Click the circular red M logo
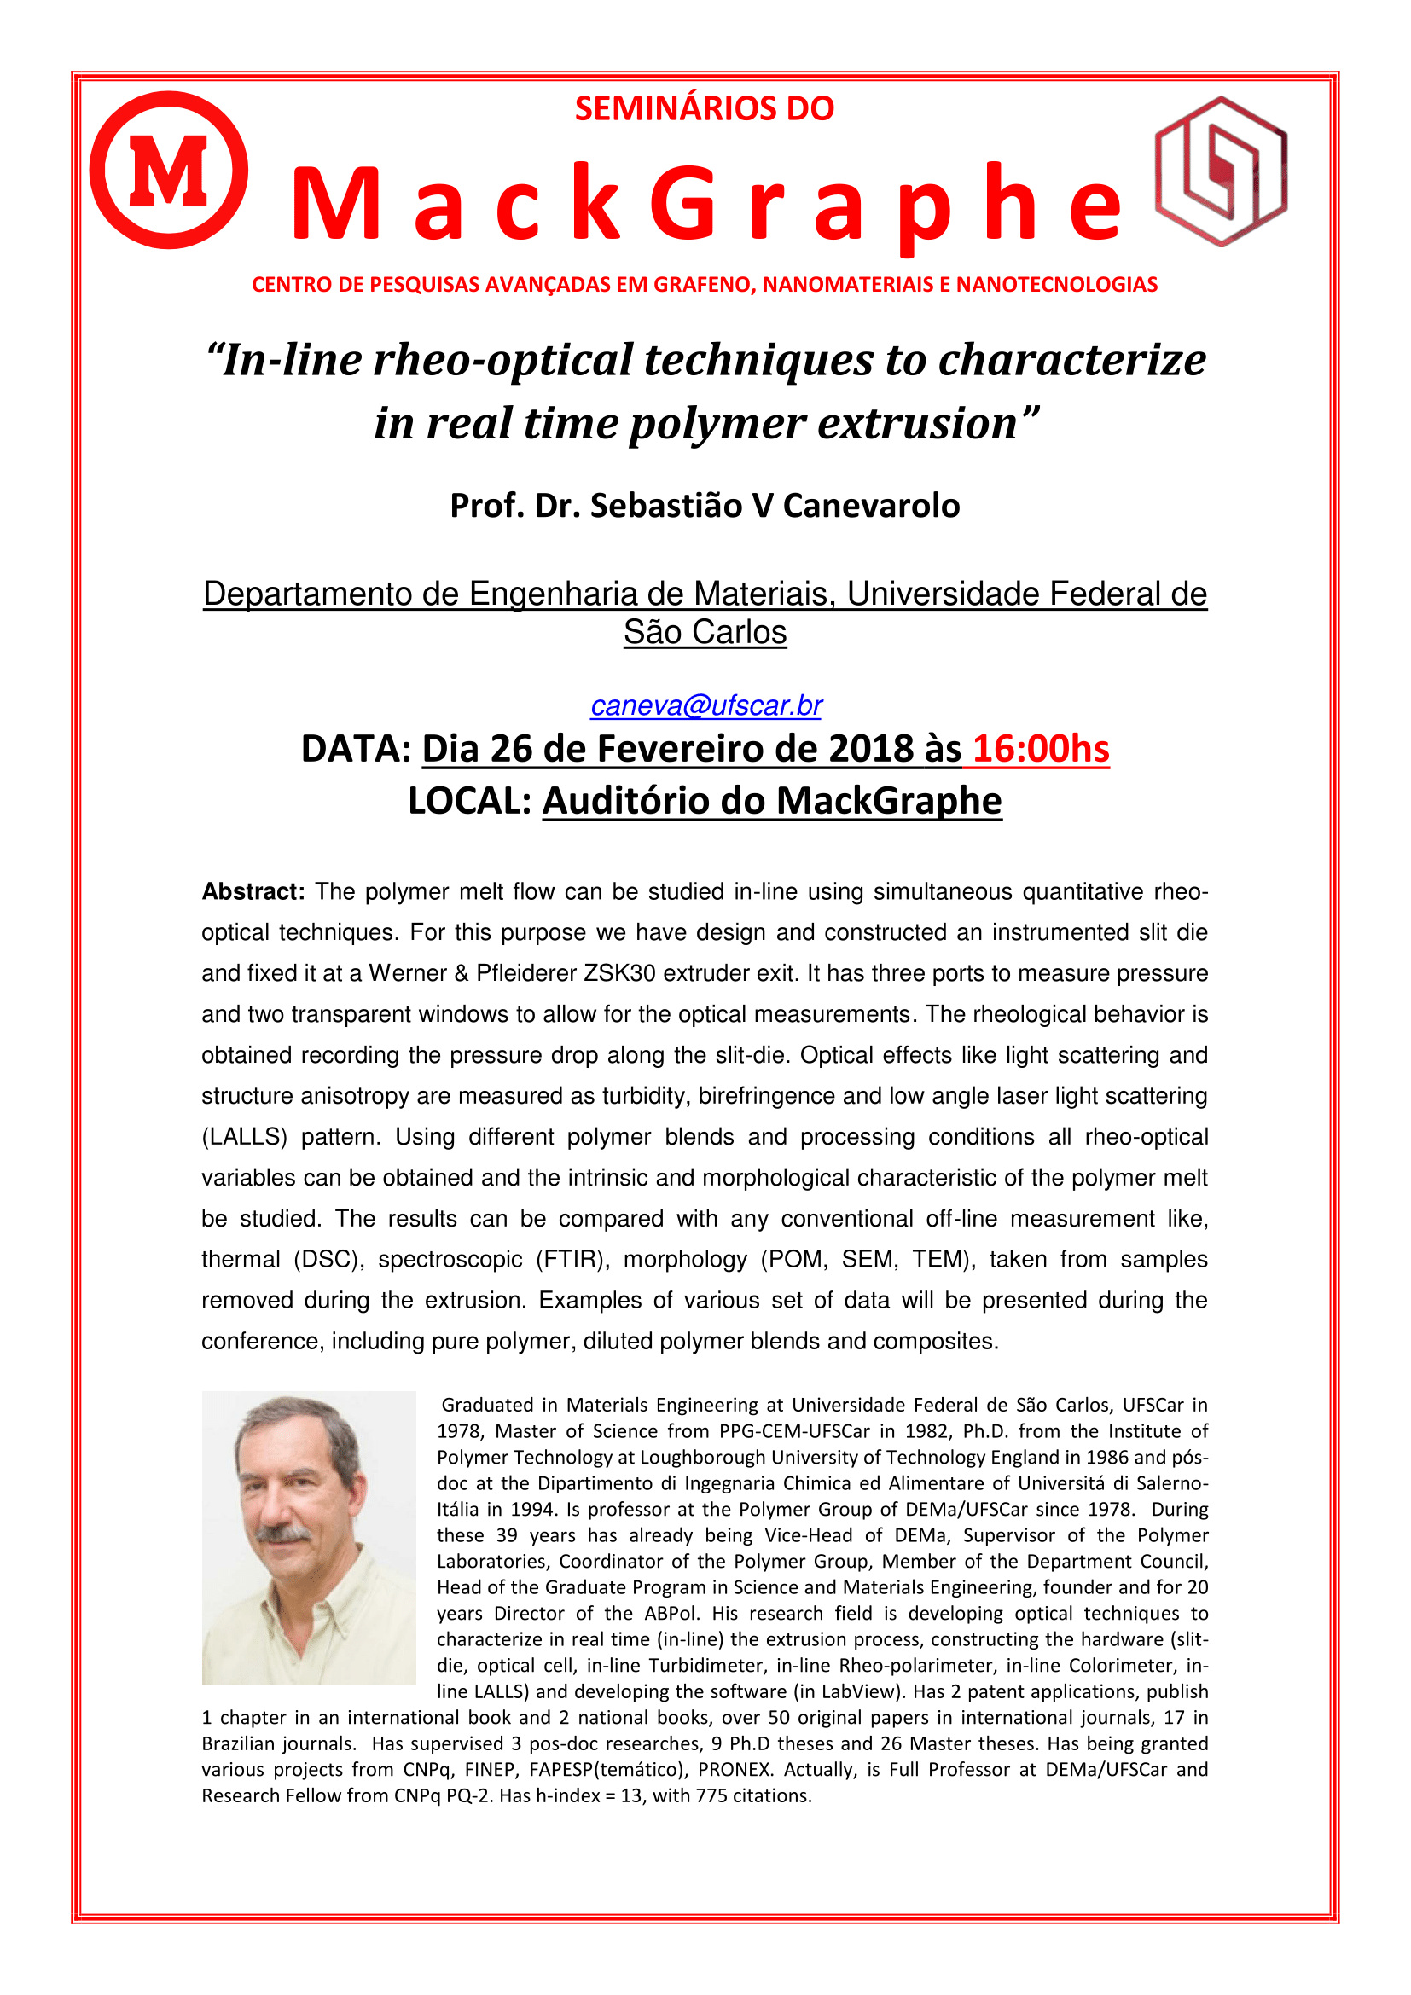169,171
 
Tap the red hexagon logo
1221,171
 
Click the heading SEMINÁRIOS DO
705,108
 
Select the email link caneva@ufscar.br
705,705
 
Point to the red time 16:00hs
1040,748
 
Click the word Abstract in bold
253,891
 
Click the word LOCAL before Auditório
468,800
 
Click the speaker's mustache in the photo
284,1534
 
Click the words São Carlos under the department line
705,633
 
